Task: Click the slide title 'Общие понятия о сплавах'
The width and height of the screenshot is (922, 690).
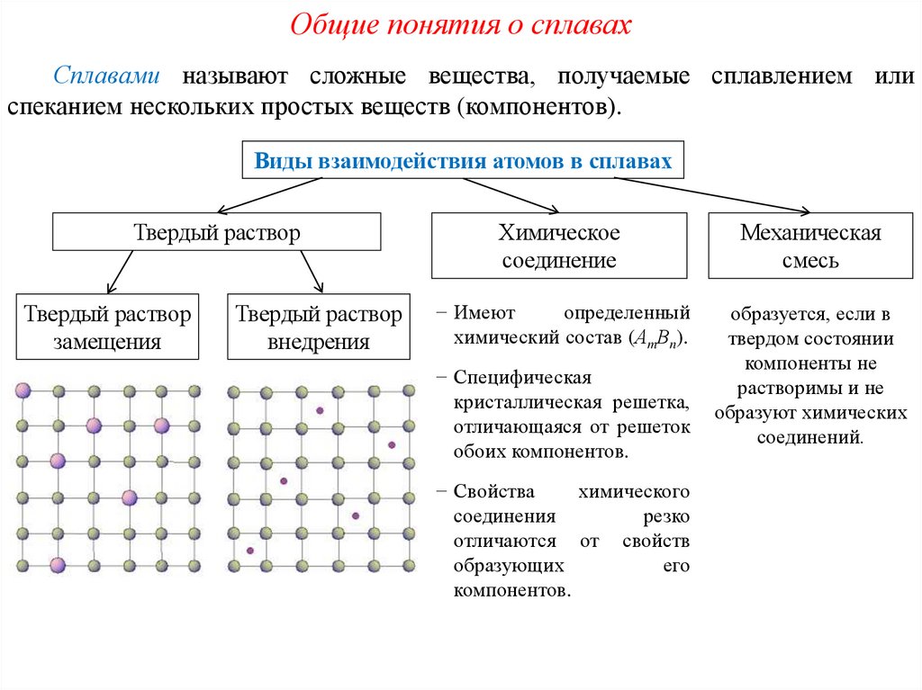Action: point(460,24)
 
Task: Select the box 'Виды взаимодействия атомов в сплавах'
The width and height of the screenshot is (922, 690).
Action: point(463,161)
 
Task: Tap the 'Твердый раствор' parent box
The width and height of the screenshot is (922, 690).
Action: point(217,232)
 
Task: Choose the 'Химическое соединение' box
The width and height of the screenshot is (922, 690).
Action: point(559,246)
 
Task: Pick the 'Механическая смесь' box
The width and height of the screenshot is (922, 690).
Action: point(810,246)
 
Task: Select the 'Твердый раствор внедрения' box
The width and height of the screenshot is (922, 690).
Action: point(318,327)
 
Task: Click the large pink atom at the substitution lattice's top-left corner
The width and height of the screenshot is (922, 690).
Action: point(23,390)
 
